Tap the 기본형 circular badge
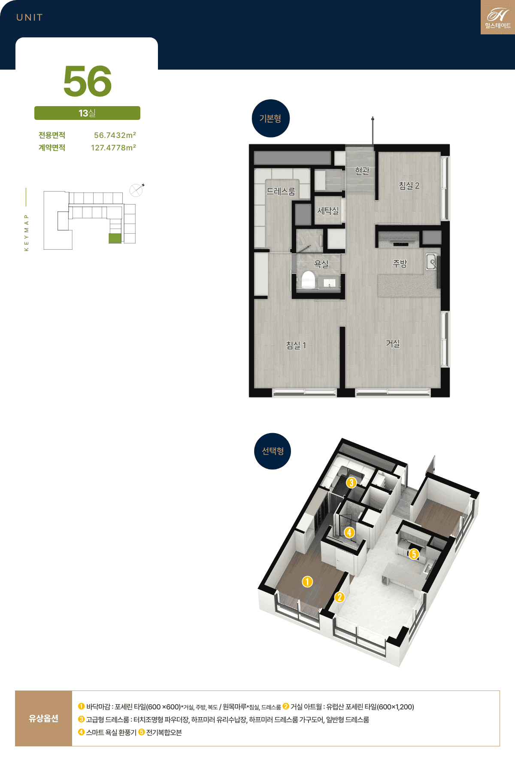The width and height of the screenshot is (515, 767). pyautogui.click(x=271, y=119)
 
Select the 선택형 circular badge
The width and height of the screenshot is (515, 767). pyautogui.click(x=273, y=451)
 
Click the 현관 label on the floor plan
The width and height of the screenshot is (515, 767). pyautogui.click(x=362, y=171)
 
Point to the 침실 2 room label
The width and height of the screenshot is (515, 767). pyautogui.click(x=409, y=186)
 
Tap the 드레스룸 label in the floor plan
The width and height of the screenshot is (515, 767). pyautogui.click(x=281, y=192)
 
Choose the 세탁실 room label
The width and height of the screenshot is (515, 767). pyautogui.click(x=328, y=211)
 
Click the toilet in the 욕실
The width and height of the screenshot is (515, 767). pyautogui.click(x=308, y=279)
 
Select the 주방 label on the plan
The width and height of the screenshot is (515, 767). pyautogui.click(x=400, y=264)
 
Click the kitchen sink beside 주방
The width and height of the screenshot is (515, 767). pyautogui.click(x=431, y=262)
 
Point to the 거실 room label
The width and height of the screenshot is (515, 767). pyautogui.click(x=393, y=343)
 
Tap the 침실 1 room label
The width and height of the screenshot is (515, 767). pyautogui.click(x=296, y=345)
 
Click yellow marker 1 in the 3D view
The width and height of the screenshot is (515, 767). pyautogui.click(x=307, y=582)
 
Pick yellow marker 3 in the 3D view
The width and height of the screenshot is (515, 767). pyautogui.click(x=351, y=483)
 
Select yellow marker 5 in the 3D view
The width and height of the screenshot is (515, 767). pyautogui.click(x=414, y=554)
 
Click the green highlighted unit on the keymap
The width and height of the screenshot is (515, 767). pyautogui.click(x=115, y=238)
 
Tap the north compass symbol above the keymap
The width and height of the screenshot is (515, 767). pyautogui.click(x=136, y=189)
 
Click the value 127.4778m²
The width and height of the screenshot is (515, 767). pyautogui.click(x=113, y=148)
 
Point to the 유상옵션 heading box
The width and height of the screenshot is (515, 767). pyautogui.click(x=43, y=718)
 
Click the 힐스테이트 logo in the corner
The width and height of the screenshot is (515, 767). pyautogui.click(x=498, y=17)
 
